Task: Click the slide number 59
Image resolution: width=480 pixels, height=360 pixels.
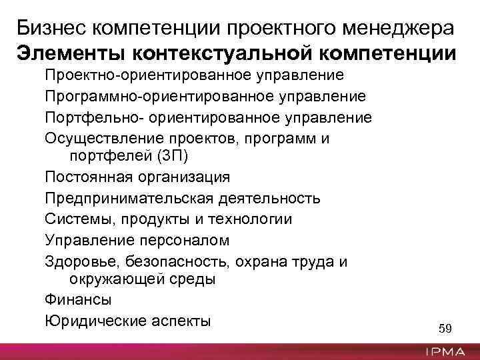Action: coord(445,328)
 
